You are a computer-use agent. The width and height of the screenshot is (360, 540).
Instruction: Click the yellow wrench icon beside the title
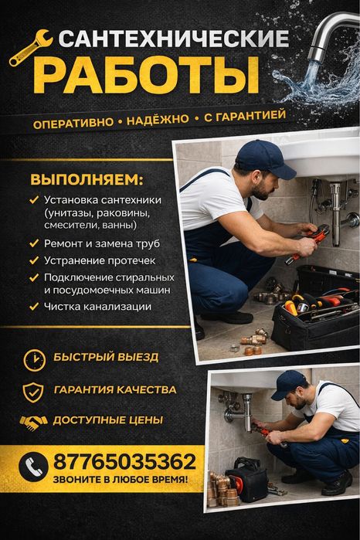point(29,47)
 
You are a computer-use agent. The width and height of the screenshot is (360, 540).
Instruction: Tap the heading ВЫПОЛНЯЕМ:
point(87,181)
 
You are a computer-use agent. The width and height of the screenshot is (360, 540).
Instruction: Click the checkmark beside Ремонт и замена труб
point(34,243)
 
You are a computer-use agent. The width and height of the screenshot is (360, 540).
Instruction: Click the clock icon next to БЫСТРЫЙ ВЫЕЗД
point(34,359)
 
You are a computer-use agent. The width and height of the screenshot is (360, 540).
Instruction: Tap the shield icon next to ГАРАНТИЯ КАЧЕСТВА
point(33,391)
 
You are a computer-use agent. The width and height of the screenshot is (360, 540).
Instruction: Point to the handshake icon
point(33,423)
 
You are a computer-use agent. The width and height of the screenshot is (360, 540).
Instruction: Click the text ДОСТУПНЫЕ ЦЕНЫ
point(107,421)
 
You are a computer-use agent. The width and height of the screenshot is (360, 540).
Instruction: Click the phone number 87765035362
point(124,462)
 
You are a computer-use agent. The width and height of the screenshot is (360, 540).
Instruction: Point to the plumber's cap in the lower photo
point(288,380)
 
